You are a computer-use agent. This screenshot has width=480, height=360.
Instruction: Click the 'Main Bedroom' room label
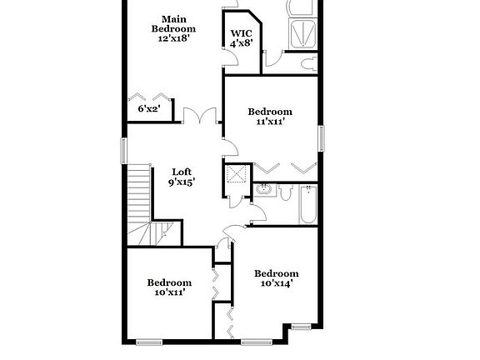[x=173, y=23]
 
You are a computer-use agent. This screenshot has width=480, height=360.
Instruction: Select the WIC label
[x=241, y=33]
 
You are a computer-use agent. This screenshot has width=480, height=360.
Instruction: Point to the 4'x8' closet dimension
[x=241, y=44]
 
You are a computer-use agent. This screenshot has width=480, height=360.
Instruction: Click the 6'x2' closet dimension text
[x=148, y=108]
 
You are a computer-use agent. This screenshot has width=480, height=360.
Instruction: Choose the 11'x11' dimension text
[x=271, y=122]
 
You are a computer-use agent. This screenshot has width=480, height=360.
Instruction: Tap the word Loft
[x=182, y=172]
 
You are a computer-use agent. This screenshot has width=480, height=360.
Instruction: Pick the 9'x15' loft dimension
[x=182, y=182]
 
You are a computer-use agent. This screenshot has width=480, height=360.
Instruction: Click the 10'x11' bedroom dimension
[x=169, y=292]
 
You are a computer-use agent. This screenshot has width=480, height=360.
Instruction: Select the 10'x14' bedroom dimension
[x=276, y=283]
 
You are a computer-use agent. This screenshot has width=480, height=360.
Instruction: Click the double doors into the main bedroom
[x=201, y=116]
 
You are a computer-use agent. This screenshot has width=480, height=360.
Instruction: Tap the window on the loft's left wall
[x=124, y=151]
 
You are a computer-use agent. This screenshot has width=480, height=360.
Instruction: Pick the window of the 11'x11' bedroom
[x=319, y=137]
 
